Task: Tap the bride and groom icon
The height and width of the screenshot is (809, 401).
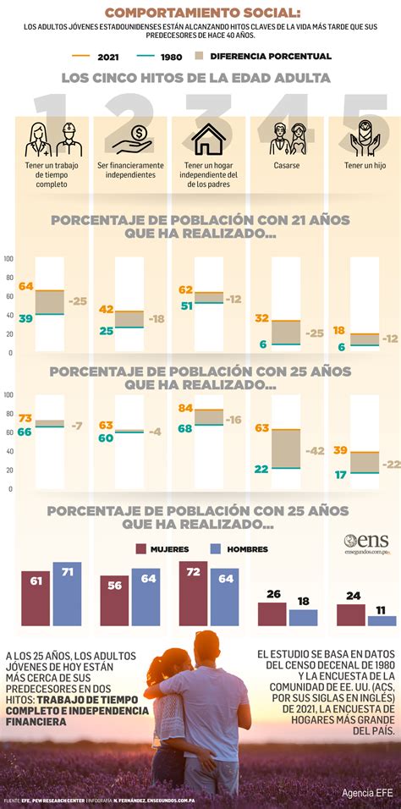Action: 285,138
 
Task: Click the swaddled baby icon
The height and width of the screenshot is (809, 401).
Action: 364,138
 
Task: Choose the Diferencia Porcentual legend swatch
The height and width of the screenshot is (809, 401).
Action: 200,56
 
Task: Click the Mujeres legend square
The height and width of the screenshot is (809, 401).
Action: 142,549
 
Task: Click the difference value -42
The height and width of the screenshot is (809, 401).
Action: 314,450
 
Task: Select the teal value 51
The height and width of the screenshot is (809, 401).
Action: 186,306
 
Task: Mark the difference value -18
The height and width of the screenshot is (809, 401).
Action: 156,319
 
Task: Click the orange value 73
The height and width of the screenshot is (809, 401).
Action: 26,419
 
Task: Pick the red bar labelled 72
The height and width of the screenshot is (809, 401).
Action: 194,594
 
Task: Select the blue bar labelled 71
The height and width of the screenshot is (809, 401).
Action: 67,594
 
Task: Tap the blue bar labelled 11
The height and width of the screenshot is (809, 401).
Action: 382,619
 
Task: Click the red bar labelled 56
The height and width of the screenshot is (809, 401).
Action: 115,601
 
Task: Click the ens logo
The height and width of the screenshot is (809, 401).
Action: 365,542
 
